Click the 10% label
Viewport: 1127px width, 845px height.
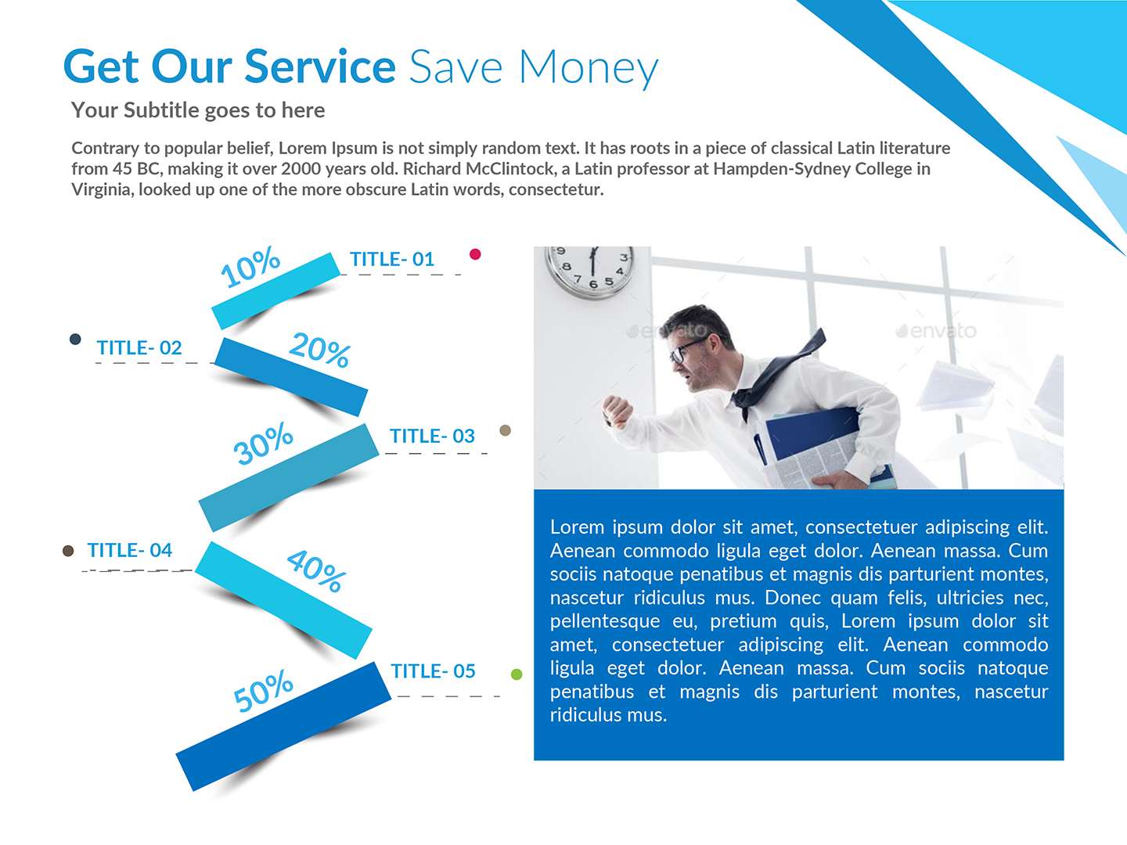(250, 266)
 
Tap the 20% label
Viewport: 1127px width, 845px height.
(320, 349)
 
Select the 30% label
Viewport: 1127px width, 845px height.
(263, 444)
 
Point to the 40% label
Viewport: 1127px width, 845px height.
(316, 570)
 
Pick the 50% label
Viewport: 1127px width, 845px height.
(263, 692)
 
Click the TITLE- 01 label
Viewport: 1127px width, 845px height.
(391, 260)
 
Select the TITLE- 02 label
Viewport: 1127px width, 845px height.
(139, 348)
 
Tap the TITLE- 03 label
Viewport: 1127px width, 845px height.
(432, 437)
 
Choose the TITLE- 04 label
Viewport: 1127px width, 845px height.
(130, 551)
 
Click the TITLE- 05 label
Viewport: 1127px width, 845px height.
(433, 671)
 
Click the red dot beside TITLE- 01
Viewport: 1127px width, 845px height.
(475, 254)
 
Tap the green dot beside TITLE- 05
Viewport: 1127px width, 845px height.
(517, 674)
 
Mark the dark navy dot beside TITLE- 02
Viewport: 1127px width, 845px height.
(75, 340)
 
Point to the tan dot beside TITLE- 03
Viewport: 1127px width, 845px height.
(506, 430)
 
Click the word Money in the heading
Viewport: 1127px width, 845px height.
(589, 69)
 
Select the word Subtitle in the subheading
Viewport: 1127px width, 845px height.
(161, 110)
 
